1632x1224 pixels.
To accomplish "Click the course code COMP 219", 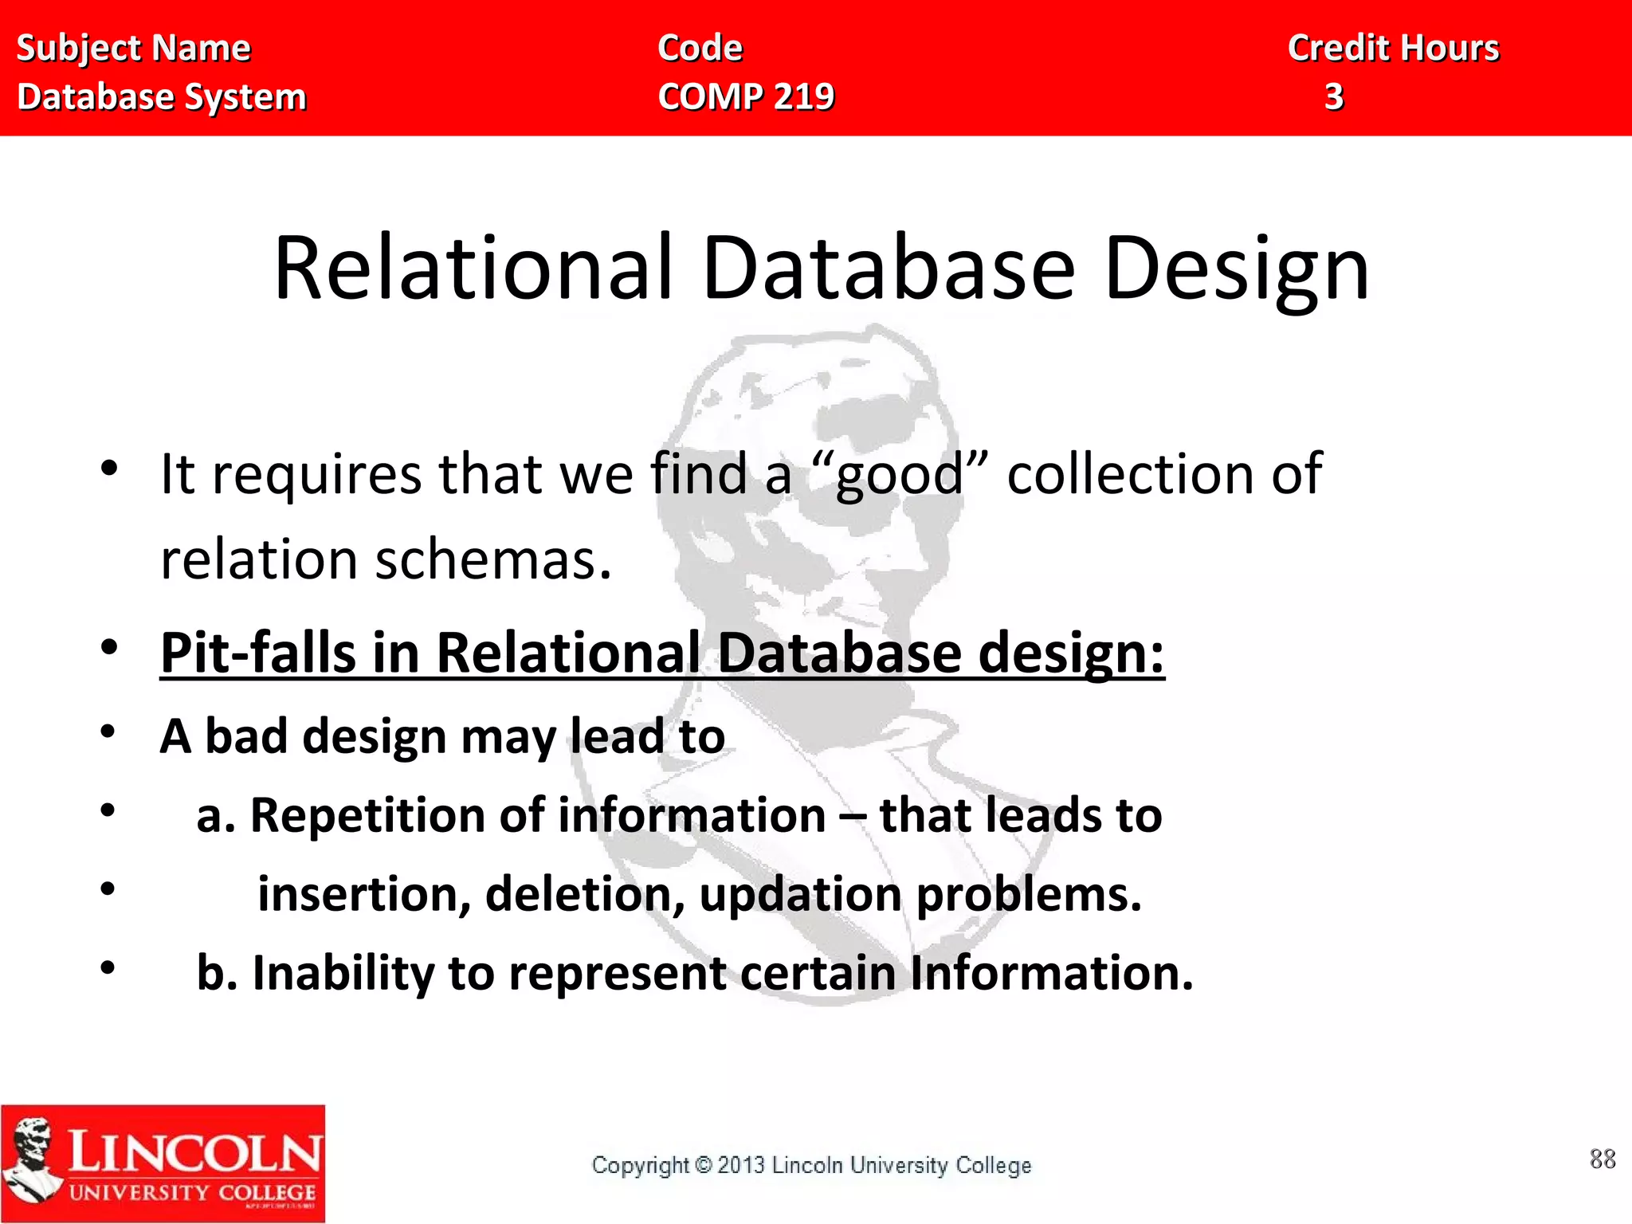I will [746, 97].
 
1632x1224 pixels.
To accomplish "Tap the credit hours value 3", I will [1334, 97].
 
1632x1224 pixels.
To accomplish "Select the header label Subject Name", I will [134, 49].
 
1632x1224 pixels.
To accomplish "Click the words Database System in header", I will [162, 97].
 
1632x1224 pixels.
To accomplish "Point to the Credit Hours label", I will [1393, 49].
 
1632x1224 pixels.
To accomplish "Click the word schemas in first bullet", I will [493, 559].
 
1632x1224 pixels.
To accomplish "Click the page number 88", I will [1603, 1159].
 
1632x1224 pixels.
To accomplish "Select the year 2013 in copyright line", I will [741, 1165].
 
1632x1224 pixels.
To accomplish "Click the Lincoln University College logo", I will [163, 1163].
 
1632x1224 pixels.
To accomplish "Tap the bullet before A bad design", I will [109, 732].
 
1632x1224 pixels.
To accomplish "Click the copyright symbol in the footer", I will [704, 1165].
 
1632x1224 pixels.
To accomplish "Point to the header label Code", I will [700, 49].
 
